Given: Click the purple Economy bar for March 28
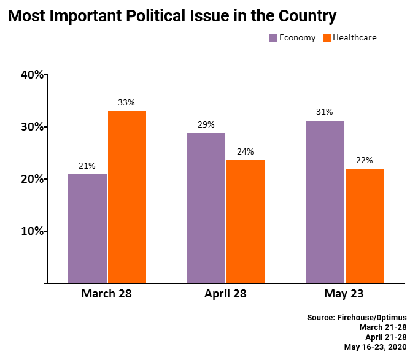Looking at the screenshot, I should point(87,229).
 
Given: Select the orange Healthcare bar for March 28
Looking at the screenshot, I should point(126,197).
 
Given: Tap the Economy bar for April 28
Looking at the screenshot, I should point(206,208).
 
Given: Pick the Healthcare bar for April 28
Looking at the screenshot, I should point(246,221).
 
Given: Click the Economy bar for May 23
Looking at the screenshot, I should point(325,202).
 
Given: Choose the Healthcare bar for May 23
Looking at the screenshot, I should point(364,226).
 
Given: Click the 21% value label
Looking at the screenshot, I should point(87,166).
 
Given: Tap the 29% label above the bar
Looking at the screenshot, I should point(206,124).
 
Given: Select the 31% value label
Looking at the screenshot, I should point(325,112).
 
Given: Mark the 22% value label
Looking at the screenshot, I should point(364,160).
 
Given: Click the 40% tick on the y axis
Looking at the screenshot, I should point(32,75).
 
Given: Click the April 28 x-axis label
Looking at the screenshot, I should point(225,294).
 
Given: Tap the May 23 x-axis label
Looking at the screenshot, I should point(344,294).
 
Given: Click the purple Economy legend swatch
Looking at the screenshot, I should point(273,38).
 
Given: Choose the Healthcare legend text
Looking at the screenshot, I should point(354,38).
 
